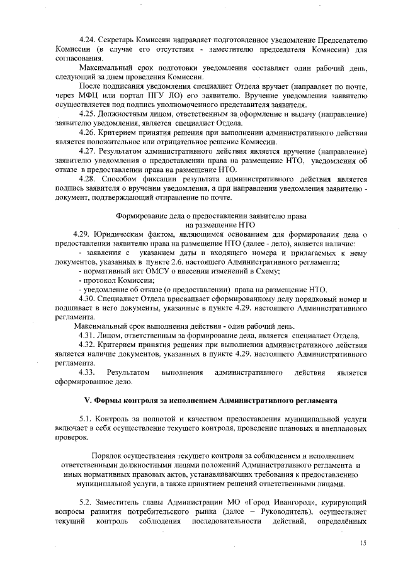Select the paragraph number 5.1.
tap(86, 418)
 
